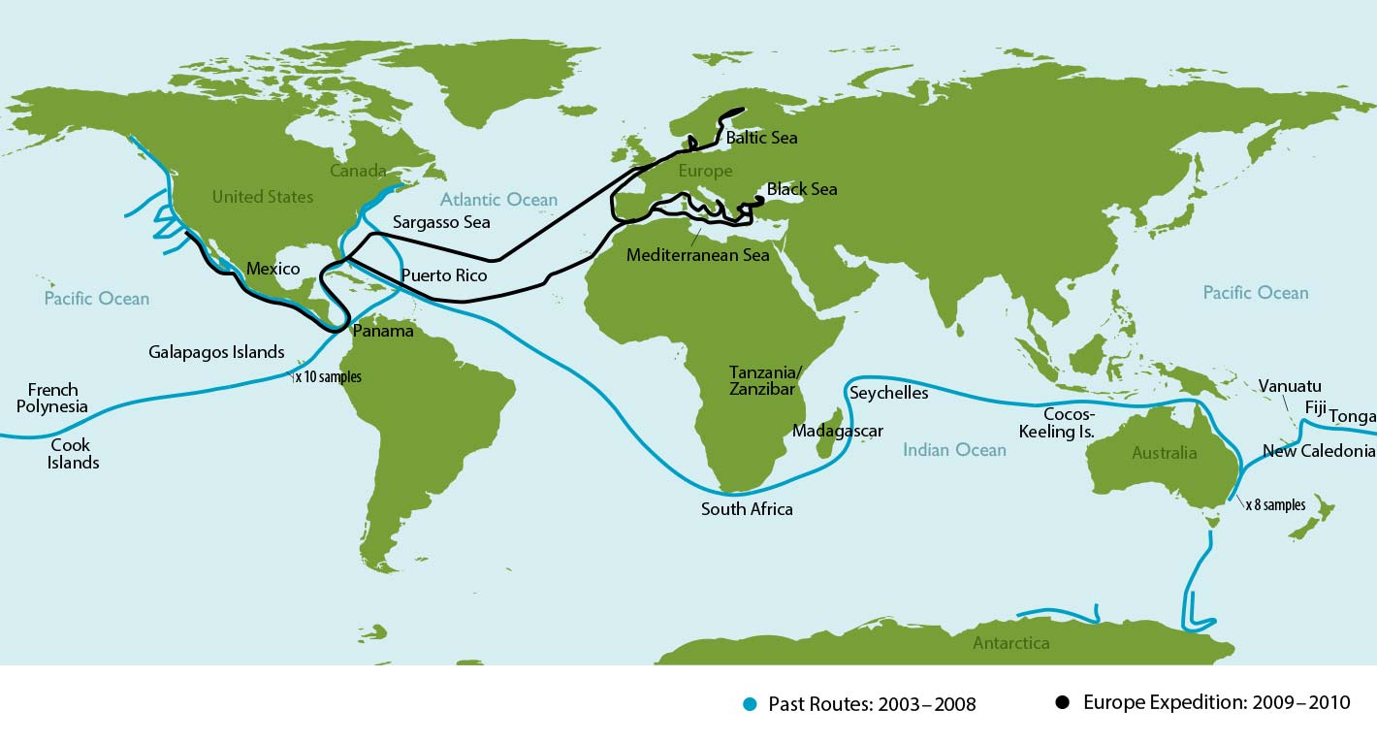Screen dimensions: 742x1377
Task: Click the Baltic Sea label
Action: pyautogui.click(x=762, y=138)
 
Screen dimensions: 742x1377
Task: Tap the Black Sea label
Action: pyautogui.click(x=801, y=189)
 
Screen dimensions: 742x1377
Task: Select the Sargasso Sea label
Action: pyautogui.click(x=441, y=222)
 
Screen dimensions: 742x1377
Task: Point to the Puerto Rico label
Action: pyautogui.click(x=443, y=275)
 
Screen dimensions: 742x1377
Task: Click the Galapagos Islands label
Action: pyautogui.click(x=216, y=352)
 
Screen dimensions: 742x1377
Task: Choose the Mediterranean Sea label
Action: pyautogui.click(x=697, y=256)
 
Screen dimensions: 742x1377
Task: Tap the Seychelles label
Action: pyautogui.click(x=888, y=393)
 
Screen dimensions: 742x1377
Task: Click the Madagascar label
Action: pyautogui.click(x=838, y=431)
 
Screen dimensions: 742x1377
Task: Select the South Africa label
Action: pyautogui.click(x=747, y=509)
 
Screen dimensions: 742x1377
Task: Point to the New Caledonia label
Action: pyautogui.click(x=1319, y=451)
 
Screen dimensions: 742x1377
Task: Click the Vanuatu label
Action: pyautogui.click(x=1289, y=386)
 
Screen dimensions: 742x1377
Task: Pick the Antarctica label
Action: pyautogui.click(x=1010, y=643)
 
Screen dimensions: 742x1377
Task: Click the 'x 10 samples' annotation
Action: pyautogui.click(x=328, y=377)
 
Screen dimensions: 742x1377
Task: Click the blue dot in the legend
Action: pyautogui.click(x=750, y=703)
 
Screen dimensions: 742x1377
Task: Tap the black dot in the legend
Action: pyautogui.click(x=1064, y=702)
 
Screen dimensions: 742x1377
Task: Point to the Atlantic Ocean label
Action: pyautogui.click(x=498, y=200)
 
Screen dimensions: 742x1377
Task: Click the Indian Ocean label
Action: pyautogui.click(x=954, y=449)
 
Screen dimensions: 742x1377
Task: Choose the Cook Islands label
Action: pyautogui.click(x=74, y=454)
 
